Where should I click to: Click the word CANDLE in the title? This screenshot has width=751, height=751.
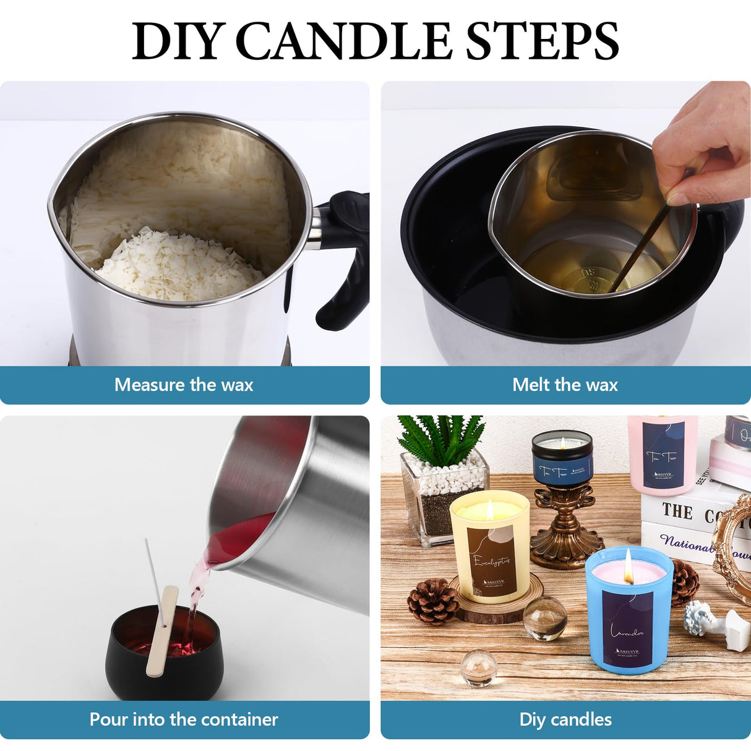point(345,41)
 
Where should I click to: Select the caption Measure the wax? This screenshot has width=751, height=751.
point(184,385)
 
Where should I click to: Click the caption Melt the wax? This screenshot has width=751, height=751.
point(565,385)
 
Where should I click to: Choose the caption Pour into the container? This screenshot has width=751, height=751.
point(184,719)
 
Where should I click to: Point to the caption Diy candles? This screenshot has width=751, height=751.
point(565,719)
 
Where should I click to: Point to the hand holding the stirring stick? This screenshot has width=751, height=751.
point(705,142)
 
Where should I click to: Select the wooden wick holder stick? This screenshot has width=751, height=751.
point(162,631)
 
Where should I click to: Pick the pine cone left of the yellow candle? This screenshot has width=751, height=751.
point(433,601)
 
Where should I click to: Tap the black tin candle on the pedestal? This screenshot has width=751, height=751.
point(562,458)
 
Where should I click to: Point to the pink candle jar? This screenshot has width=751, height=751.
point(662,455)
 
